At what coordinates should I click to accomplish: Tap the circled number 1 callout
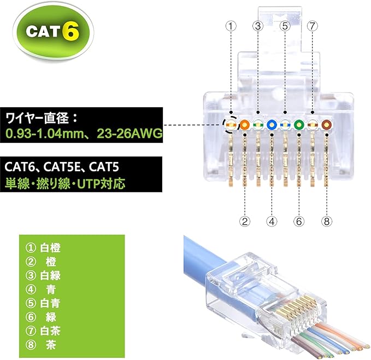point(231,26)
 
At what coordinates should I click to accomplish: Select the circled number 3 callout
point(258,26)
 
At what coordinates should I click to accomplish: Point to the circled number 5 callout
point(285,26)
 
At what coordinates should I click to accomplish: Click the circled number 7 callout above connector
point(312,26)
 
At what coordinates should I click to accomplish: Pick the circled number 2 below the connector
point(245,221)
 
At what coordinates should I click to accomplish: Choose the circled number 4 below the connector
point(272,221)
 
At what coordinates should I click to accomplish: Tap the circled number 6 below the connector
point(298,221)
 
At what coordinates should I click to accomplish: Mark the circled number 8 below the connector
point(326,221)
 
